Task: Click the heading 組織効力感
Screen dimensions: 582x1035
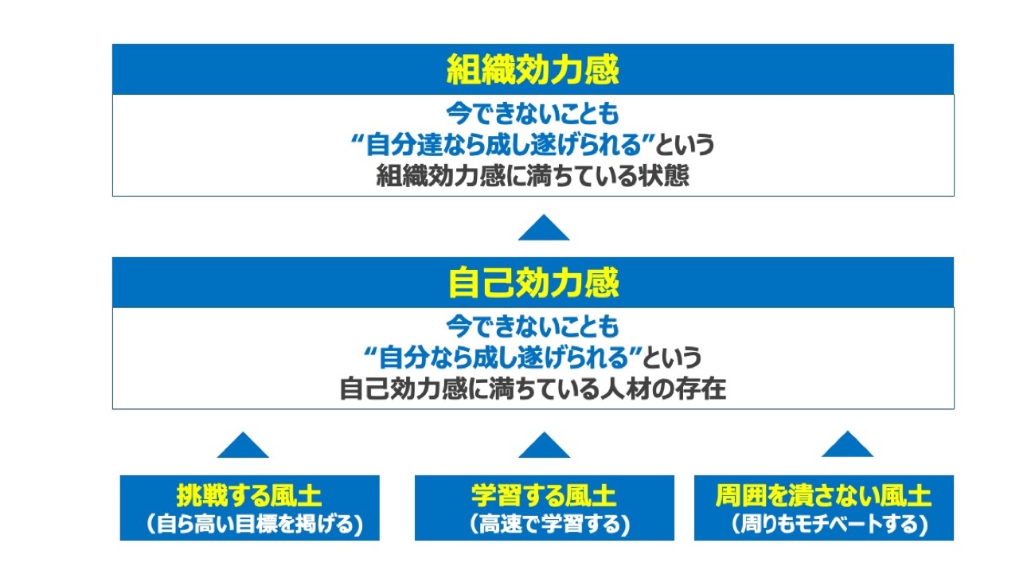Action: pyautogui.click(x=533, y=70)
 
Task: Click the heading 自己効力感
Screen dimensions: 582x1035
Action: pyautogui.click(x=533, y=283)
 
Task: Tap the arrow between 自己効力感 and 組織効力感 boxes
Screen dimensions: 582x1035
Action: pyautogui.click(x=544, y=229)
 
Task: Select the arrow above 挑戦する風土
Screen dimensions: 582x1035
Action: pyautogui.click(x=243, y=446)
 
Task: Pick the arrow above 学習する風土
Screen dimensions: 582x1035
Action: pyautogui.click(x=544, y=446)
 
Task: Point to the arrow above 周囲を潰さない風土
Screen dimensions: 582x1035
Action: pyautogui.click(x=847, y=446)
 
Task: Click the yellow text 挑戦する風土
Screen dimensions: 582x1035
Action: pyautogui.click(x=249, y=497)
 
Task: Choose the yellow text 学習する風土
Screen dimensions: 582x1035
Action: pyautogui.click(x=544, y=497)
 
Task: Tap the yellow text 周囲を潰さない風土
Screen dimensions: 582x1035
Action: pyautogui.click(x=823, y=497)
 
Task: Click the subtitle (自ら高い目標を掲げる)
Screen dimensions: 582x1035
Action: pyautogui.click(x=249, y=525)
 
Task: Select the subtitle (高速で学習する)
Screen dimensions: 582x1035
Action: pyautogui.click(x=544, y=525)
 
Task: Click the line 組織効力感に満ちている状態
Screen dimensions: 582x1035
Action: pyautogui.click(x=533, y=176)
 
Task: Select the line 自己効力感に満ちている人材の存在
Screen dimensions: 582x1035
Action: pyautogui.click(x=533, y=390)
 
